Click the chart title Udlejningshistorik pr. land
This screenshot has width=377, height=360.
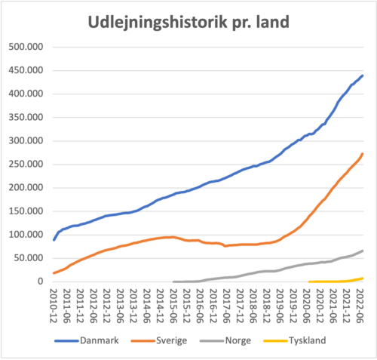[x=188, y=22]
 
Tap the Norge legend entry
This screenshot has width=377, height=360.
[x=237, y=340]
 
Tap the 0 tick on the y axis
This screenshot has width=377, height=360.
[x=41, y=282]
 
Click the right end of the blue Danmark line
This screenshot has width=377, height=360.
[x=363, y=75]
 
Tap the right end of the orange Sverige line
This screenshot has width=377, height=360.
[x=363, y=154]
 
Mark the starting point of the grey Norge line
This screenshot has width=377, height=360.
[x=173, y=282]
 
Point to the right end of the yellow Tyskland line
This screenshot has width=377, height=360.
[x=363, y=278]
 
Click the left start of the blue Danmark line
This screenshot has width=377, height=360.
[x=54, y=239]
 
